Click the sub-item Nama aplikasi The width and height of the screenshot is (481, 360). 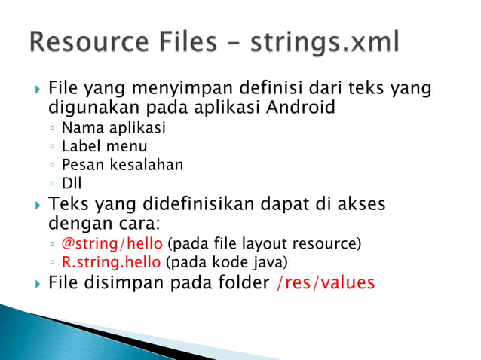coord(113,128)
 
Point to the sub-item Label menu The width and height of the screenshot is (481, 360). coord(104,146)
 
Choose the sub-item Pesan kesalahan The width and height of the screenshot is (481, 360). coord(122,164)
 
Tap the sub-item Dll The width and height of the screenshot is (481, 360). coord(72,182)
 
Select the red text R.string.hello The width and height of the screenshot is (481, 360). coord(111,262)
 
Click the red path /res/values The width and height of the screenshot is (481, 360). coord(325,283)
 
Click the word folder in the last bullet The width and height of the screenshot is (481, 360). coord(241,283)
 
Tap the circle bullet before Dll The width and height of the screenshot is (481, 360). coord(51,183)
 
